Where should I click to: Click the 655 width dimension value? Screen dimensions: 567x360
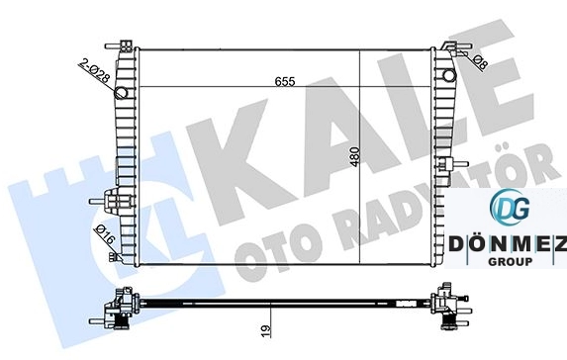[285, 81]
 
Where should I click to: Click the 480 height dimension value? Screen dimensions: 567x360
[355, 156]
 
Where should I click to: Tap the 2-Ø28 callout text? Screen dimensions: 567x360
[94, 71]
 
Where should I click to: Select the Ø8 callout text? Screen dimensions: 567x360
[480, 62]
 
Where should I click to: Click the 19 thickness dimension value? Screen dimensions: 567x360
[266, 330]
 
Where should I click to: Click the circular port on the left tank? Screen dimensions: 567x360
[121, 93]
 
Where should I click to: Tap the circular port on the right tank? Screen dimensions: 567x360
[449, 75]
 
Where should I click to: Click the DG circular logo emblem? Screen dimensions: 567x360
[510, 207]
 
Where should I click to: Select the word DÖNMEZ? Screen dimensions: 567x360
[508, 244]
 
